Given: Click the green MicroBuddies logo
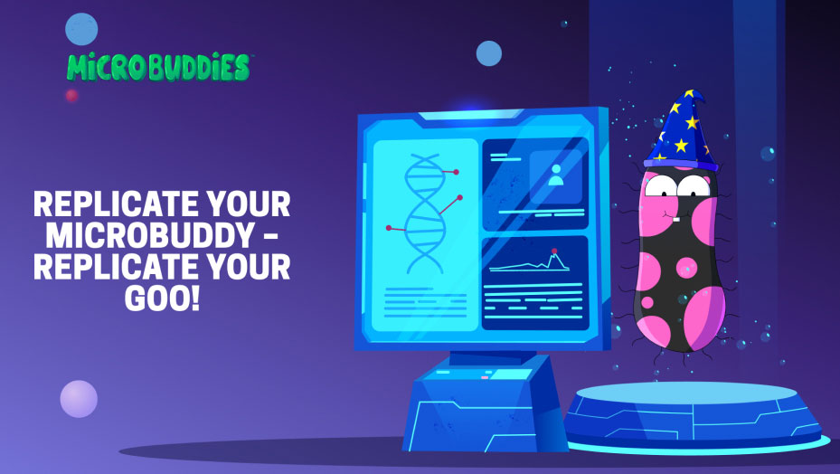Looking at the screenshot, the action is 158,67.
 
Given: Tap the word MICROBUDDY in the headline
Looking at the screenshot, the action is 149,234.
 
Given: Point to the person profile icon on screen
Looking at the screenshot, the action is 556,175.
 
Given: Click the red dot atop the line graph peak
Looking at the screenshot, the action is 554,251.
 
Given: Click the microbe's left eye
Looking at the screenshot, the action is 661,185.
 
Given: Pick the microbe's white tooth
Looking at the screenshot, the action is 676,219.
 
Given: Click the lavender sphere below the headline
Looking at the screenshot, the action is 79,399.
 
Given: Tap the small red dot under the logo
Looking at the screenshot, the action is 71,96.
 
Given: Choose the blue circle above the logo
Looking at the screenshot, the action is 81,29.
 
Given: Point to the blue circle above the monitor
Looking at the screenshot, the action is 489,53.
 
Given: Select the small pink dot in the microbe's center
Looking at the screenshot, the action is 686,268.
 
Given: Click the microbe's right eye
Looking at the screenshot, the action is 694,186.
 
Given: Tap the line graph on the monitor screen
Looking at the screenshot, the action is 529,261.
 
